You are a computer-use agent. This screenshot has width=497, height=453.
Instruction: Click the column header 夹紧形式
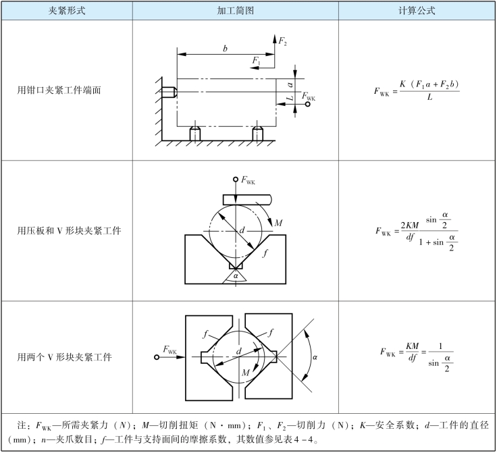point(66,11)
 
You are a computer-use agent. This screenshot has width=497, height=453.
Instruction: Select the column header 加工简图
point(235,11)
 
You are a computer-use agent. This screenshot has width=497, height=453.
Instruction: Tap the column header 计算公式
point(417,11)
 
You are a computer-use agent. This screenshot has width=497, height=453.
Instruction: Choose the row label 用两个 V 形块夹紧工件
point(65,356)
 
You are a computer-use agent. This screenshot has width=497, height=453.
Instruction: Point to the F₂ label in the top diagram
point(283,41)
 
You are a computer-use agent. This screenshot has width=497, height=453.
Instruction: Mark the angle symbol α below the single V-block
point(235,275)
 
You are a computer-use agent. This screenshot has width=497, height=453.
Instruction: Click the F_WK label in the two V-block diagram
point(169,349)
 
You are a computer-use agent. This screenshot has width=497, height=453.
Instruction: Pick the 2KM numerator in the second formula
point(411,223)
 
